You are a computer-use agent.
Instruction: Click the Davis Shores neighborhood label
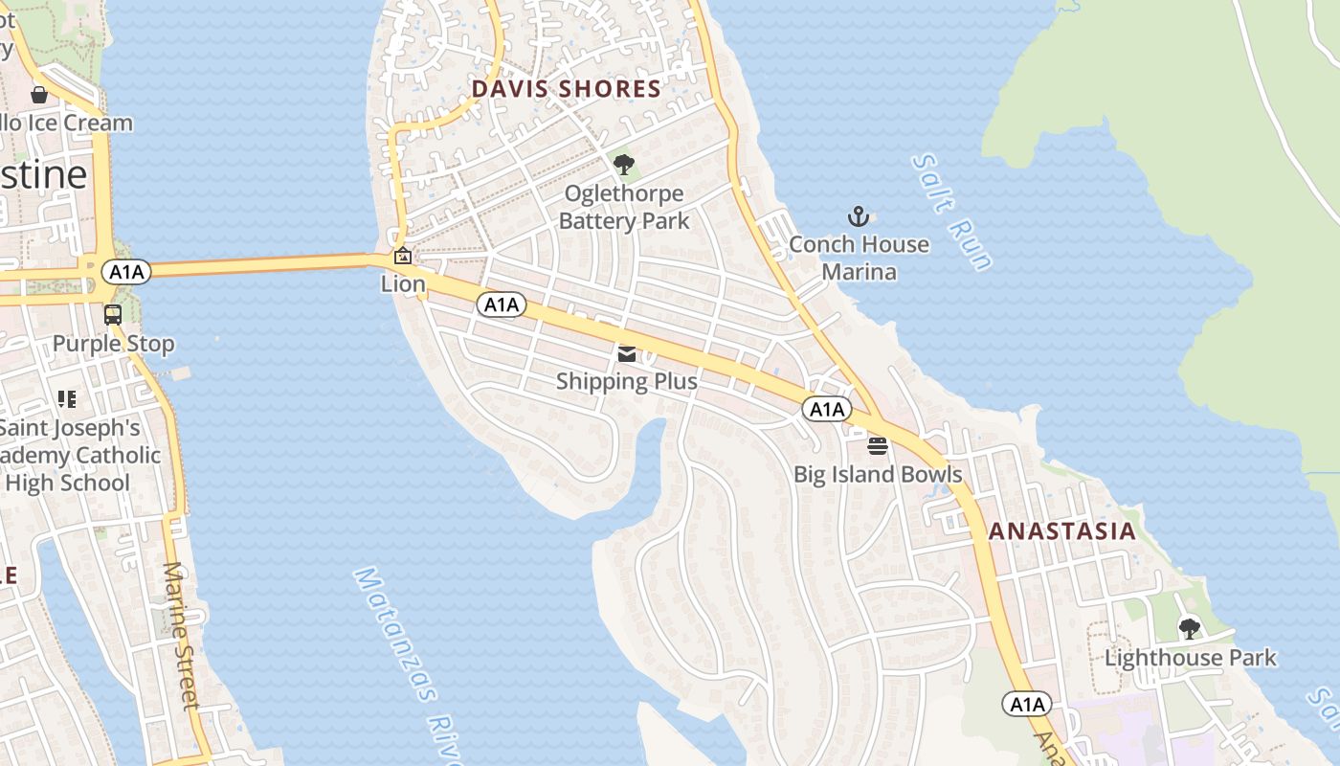pos(566,89)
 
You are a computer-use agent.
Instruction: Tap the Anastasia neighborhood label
pos(1062,531)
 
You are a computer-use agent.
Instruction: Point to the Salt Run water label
pos(952,213)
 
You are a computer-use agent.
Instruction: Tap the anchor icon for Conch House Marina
pos(858,216)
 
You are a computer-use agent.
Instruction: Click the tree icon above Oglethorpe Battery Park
pos(624,166)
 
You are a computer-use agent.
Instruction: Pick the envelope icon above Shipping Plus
pos(627,354)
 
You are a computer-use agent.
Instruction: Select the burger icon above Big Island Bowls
pos(878,445)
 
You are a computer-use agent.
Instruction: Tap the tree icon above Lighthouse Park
pos(1190,629)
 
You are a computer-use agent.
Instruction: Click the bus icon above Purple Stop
pos(113,314)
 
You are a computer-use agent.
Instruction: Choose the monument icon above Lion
pos(403,256)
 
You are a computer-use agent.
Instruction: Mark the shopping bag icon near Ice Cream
pos(39,95)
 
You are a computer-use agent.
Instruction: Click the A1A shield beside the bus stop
pos(126,272)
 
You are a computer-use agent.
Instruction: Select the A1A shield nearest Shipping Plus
pos(502,304)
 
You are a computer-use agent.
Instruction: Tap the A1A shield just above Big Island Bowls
pos(826,410)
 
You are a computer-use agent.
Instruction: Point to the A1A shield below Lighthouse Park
pos(1027,705)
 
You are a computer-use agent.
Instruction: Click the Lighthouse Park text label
pos(1190,658)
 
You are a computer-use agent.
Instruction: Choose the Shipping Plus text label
pos(627,381)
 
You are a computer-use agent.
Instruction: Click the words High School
pos(67,483)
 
